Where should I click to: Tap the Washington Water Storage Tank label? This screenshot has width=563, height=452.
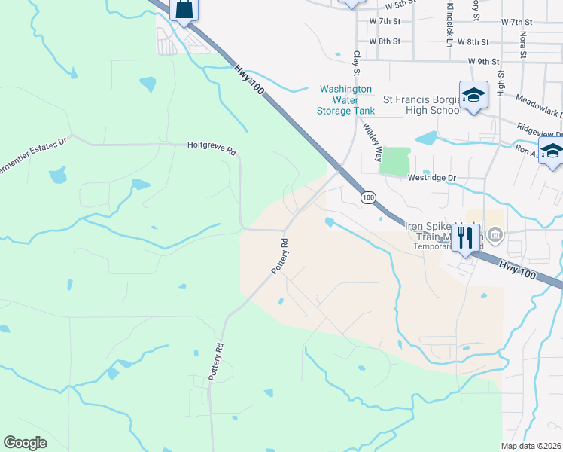tap(346, 99)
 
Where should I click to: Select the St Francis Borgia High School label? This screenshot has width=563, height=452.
tap(422, 105)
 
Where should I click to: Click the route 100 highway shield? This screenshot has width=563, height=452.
tap(367, 197)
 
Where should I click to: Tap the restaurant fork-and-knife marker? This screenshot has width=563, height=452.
tap(465, 239)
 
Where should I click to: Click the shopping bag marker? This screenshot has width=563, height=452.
tap(184, 9)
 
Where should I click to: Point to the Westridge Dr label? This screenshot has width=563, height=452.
tap(432, 179)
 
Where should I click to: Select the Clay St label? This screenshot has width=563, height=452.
tap(356, 63)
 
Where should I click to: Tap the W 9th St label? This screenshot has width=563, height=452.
tap(483, 60)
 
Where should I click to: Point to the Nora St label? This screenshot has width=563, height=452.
tap(522, 44)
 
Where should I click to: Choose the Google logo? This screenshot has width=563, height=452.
tap(26, 442)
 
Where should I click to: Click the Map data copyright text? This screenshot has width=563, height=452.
tap(531, 446)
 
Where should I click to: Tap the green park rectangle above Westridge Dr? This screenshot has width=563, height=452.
tap(395, 161)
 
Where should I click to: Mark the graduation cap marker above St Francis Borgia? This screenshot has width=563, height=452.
tap(473, 95)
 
